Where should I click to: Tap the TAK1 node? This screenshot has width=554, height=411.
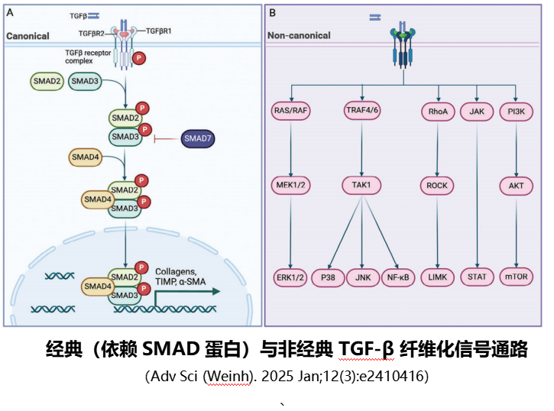[360, 185]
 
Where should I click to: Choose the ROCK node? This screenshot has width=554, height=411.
[438, 185]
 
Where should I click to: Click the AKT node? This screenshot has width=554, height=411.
[517, 185]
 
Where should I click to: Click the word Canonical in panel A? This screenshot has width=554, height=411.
[29, 36]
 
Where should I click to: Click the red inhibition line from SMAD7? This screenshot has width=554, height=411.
[166, 139]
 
